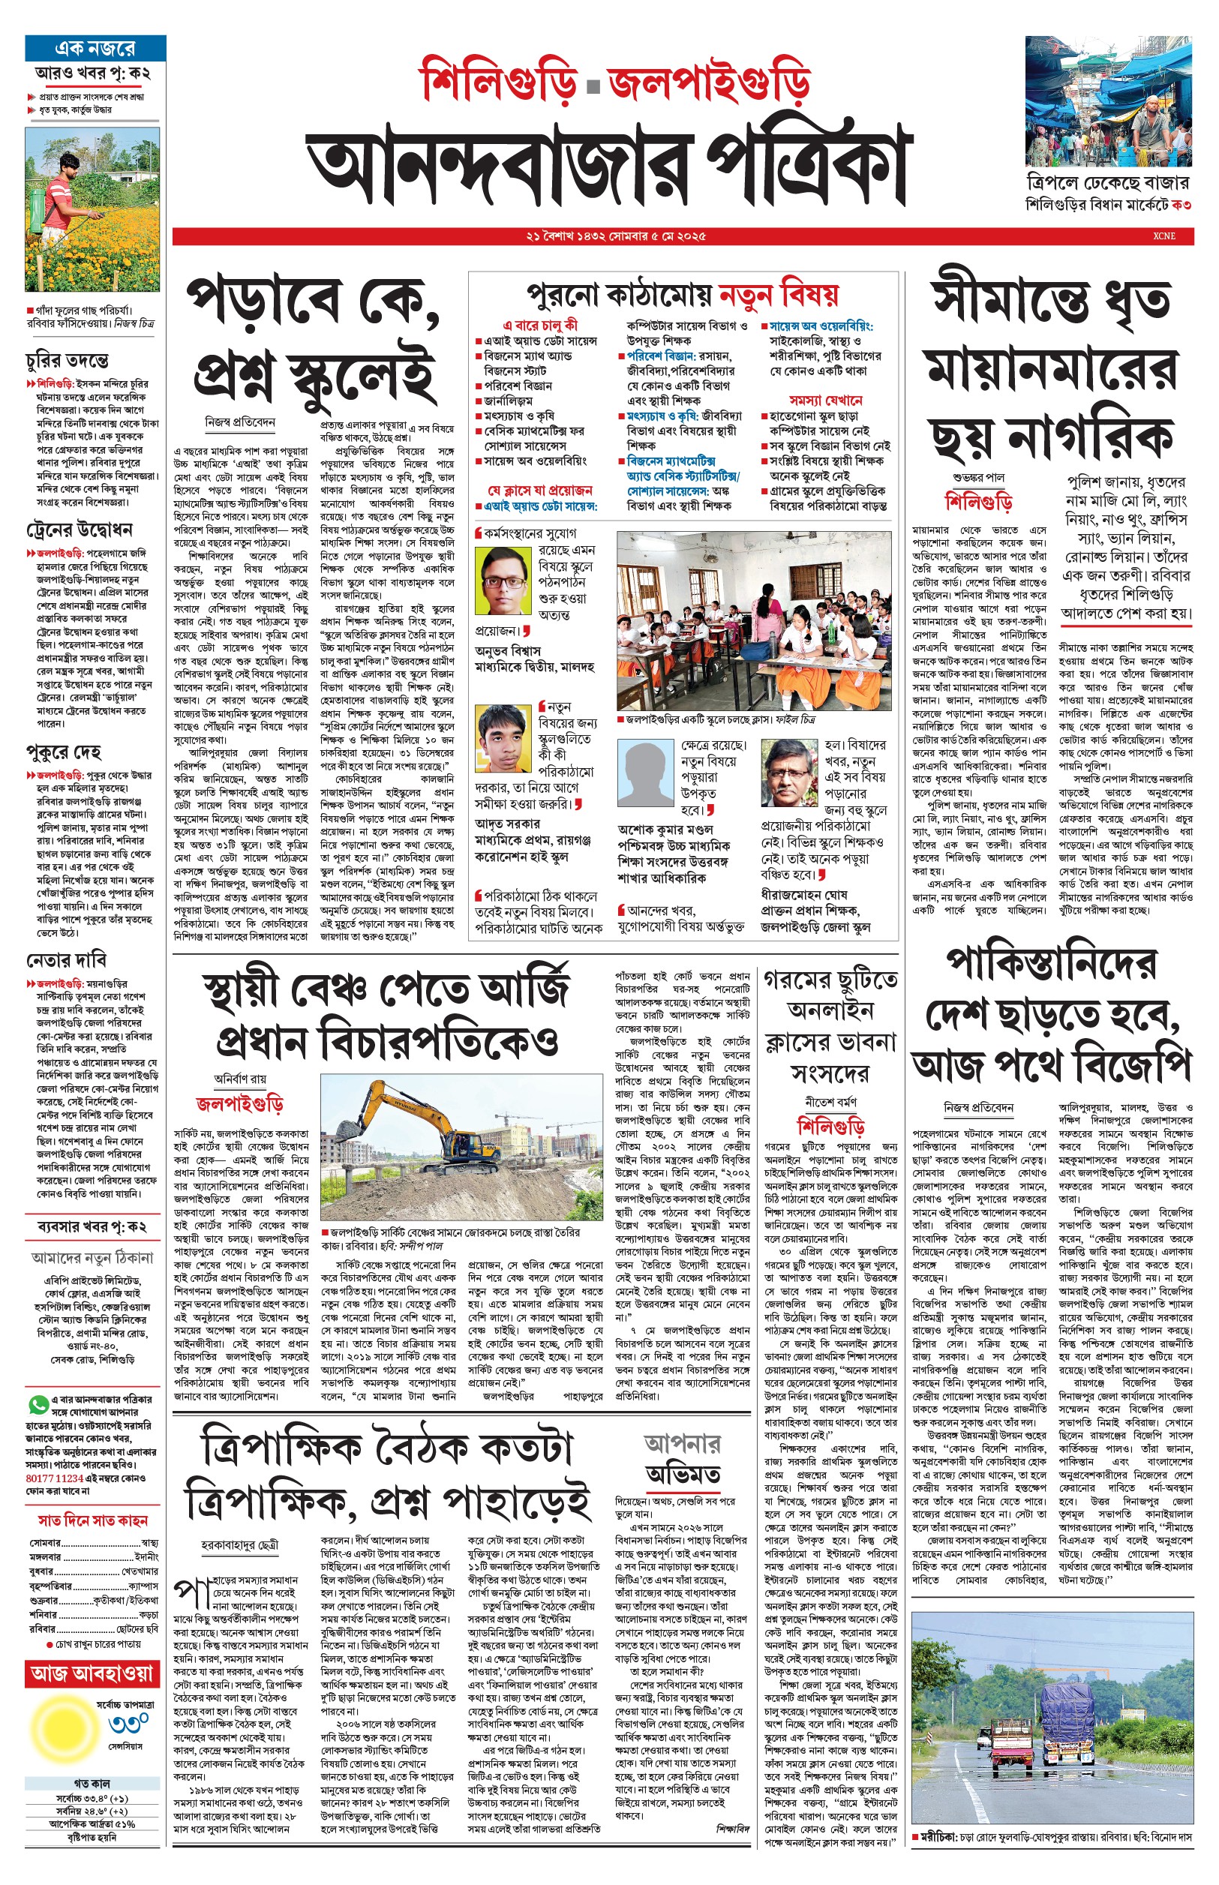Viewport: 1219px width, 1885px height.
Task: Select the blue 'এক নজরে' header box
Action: coord(95,47)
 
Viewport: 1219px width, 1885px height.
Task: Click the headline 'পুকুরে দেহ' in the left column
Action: coord(64,751)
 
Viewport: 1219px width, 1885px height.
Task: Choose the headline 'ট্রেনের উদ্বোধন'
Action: coord(80,530)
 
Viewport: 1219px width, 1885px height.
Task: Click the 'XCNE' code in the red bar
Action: coord(1163,236)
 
